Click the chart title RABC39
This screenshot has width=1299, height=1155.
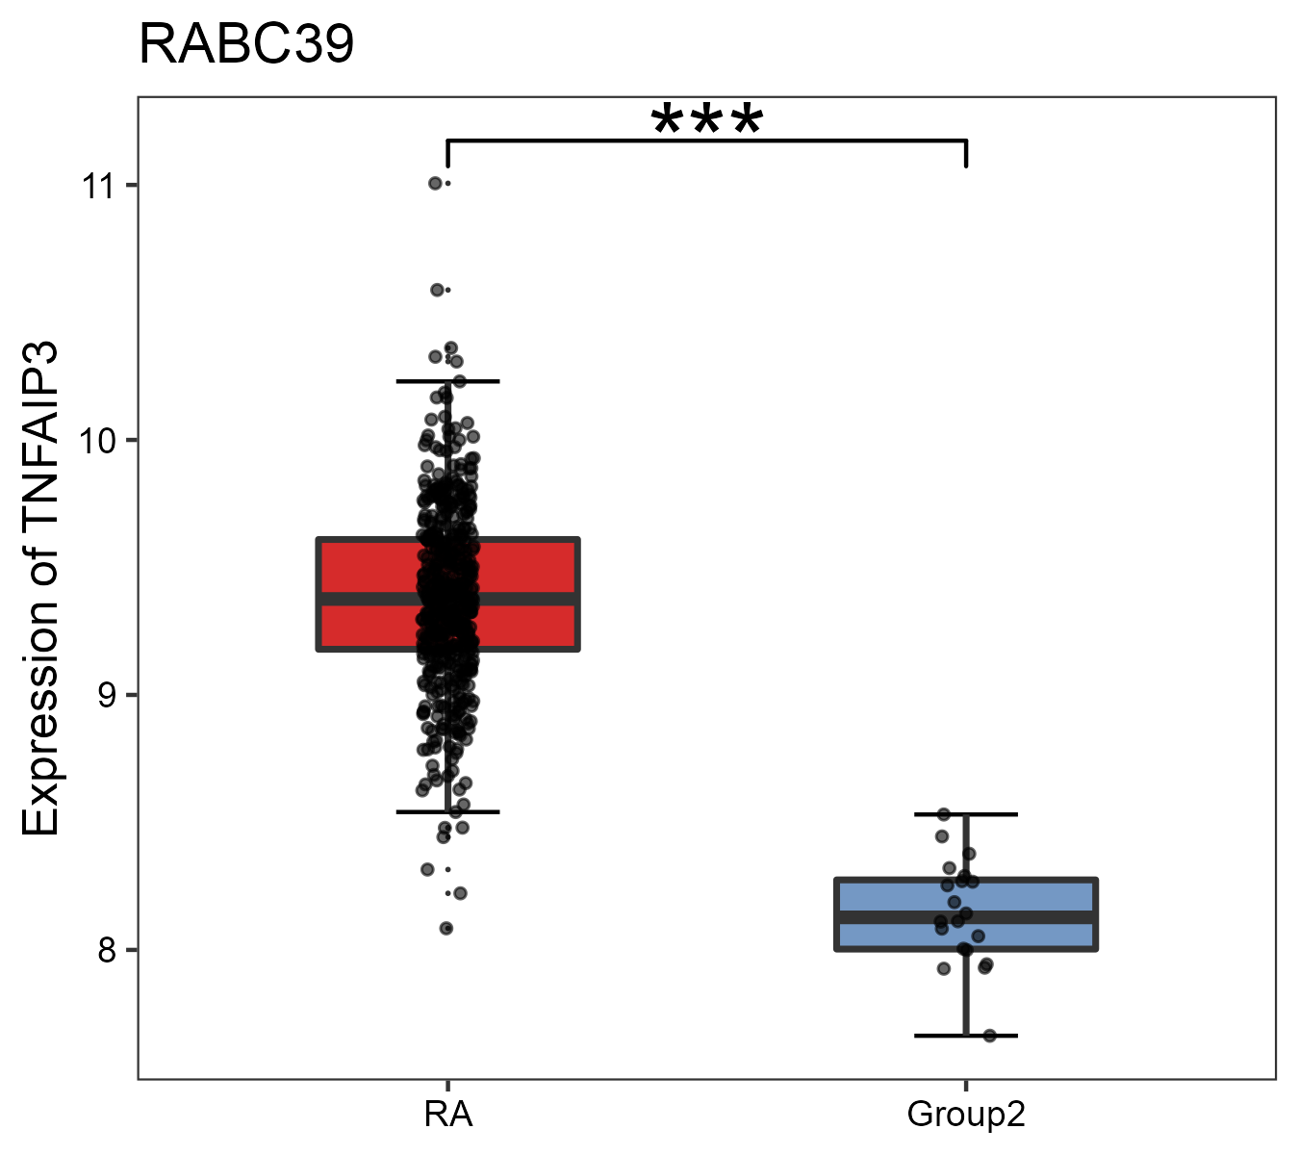point(246,45)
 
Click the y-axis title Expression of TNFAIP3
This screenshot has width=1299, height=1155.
point(41,589)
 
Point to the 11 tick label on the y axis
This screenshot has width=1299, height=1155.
point(97,185)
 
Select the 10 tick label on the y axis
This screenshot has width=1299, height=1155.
point(97,440)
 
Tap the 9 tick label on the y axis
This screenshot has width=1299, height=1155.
point(105,695)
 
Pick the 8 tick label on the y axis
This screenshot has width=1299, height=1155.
point(105,950)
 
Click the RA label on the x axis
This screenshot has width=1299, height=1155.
point(447,1115)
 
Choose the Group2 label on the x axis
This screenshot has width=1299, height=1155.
point(966,1115)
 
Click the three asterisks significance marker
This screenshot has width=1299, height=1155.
point(707,122)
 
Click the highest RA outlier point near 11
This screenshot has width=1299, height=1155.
point(435,183)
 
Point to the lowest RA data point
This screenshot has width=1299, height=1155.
point(446,928)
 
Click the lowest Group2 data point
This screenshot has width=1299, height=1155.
point(989,1036)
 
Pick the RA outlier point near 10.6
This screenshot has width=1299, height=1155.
point(437,290)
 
